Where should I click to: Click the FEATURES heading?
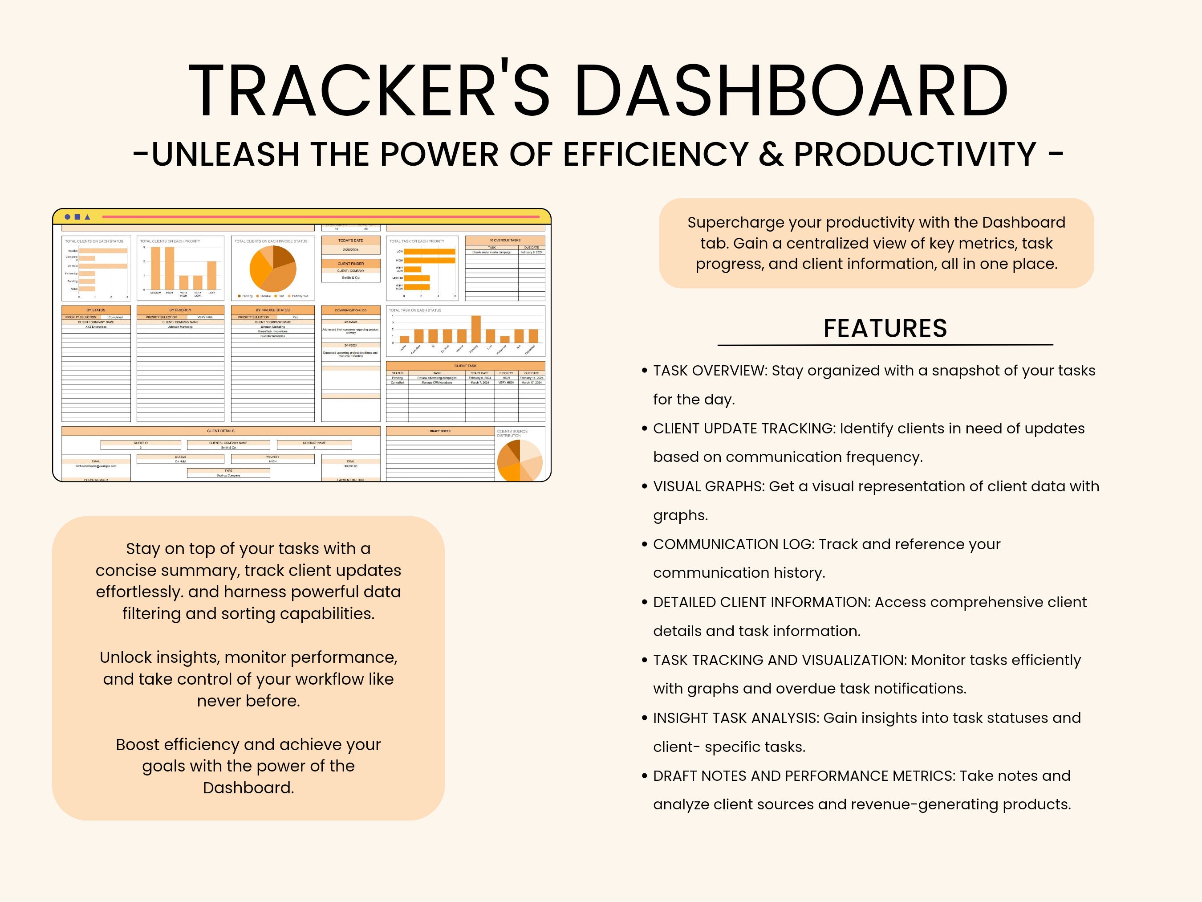tap(885, 328)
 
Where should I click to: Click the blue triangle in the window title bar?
tap(88, 217)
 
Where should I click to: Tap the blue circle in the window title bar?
tap(67, 217)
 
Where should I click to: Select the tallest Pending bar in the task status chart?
tap(475, 328)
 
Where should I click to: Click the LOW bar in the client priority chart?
tap(211, 275)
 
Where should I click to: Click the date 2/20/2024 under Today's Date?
tap(350, 250)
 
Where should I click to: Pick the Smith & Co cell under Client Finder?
tap(350, 278)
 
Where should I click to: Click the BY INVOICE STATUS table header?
tap(272, 310)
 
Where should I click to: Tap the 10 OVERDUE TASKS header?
tap(505, 240)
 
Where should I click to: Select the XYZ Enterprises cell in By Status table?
tap(96, 327)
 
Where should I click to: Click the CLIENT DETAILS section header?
tap(221, 431)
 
